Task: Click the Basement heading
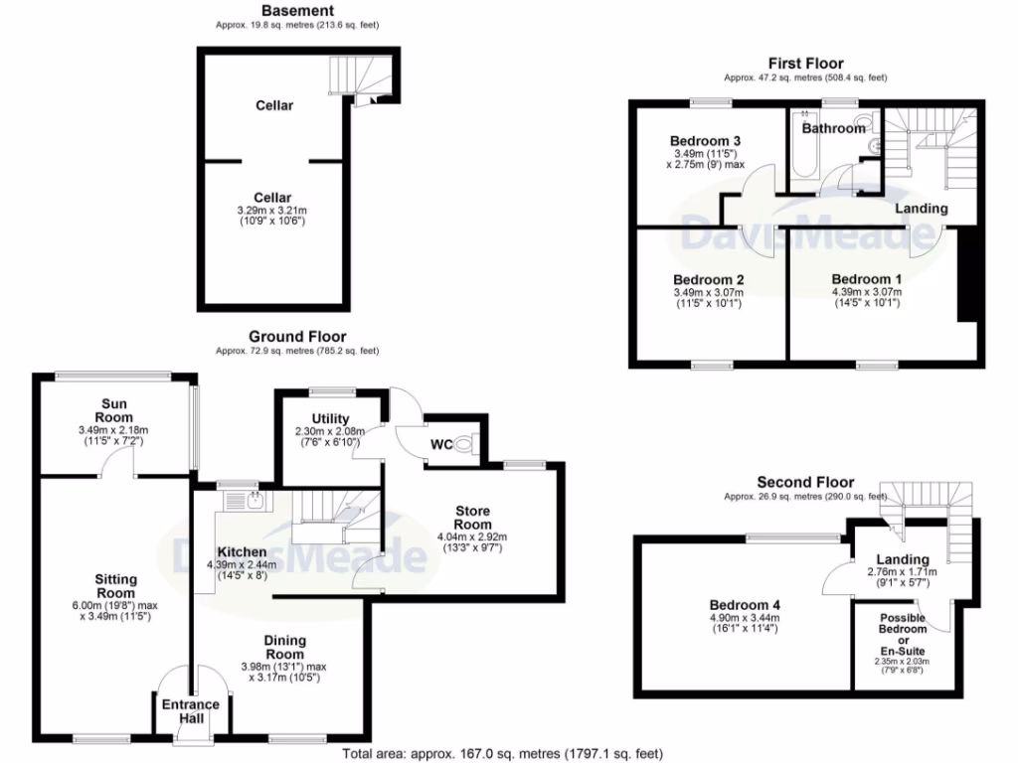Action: [297, 10]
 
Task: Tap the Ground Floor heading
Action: [297, 337]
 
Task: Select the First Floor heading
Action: [805, 64]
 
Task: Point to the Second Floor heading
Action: [805, 482]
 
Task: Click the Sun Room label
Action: [112, 410]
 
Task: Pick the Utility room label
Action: [329, 418]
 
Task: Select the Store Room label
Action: [472, 518]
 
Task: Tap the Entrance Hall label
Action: [190, 712]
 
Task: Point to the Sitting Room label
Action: [116, 586]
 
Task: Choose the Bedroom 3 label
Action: [705, 140]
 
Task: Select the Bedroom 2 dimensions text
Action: [707, 297]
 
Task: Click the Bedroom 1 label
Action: [867, 278]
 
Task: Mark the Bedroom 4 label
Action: [745, 604]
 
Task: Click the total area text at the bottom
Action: [502, 754]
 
